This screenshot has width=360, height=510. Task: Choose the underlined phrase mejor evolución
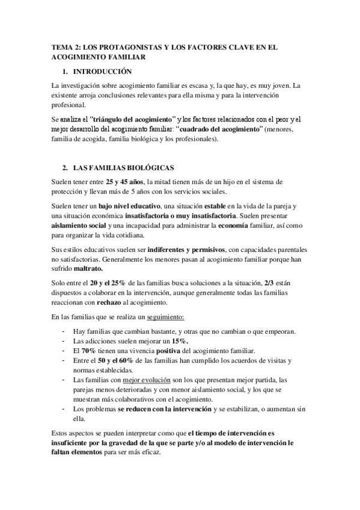(x=147, y=380)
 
